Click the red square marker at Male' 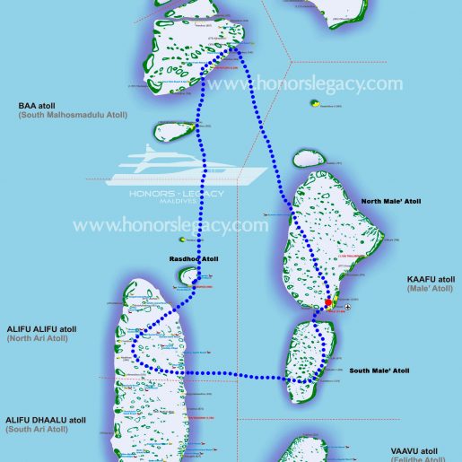(329, 303)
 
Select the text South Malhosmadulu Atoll (61, 118)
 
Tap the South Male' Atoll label (379, 370)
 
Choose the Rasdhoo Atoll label (194, 259)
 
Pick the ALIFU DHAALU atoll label (46, 419)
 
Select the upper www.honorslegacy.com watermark (304, 83)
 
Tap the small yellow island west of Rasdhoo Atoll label (182, 240)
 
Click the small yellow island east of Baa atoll (316, 104)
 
